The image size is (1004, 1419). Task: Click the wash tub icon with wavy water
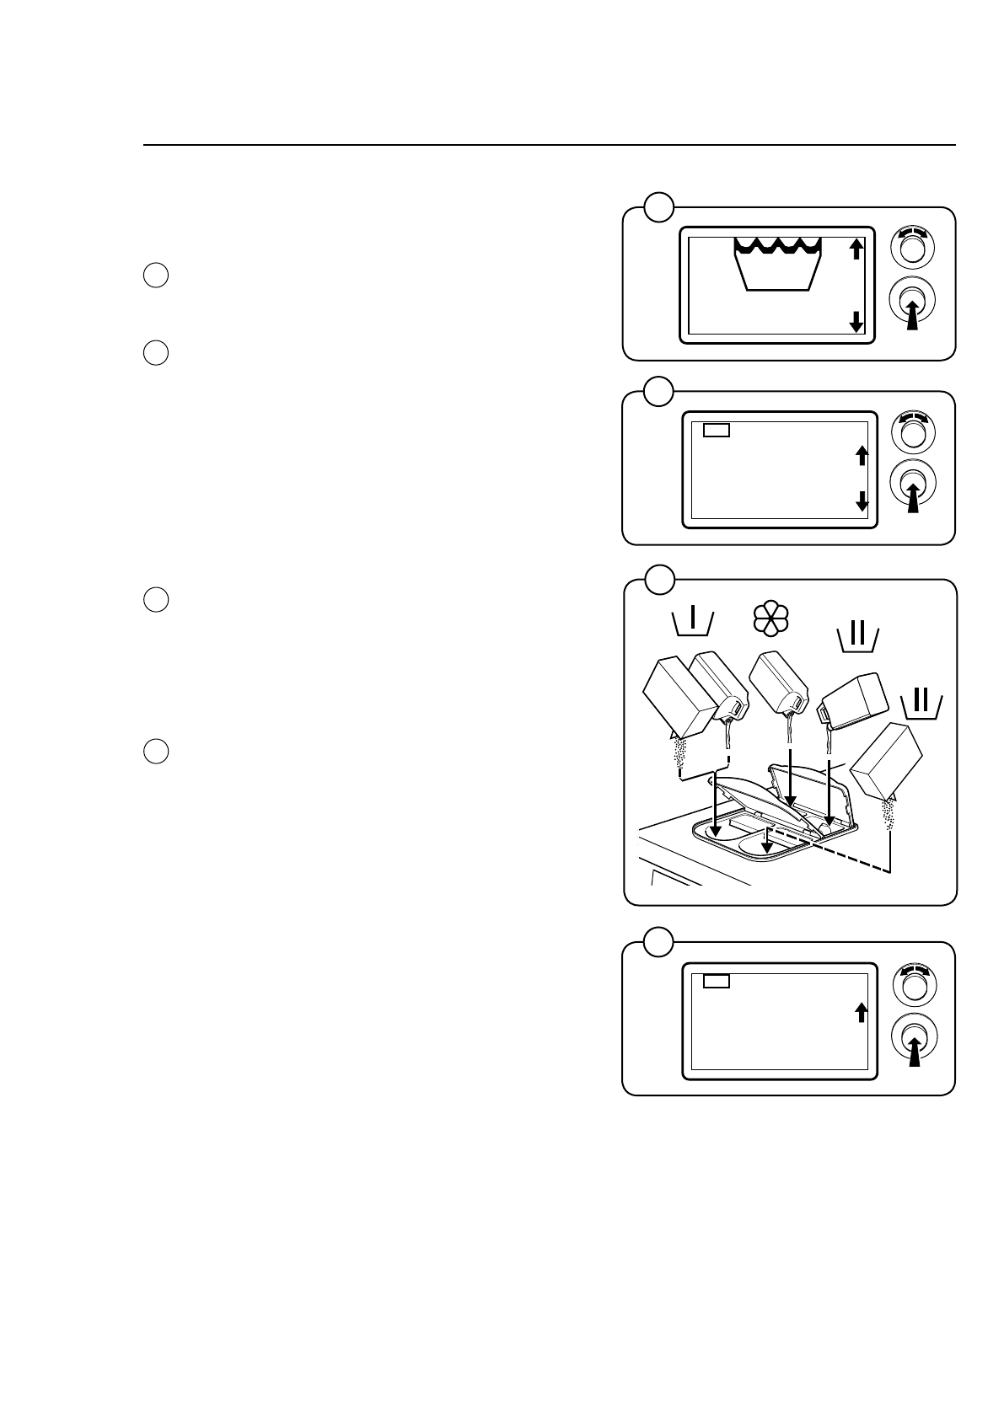click(x=777, y=264)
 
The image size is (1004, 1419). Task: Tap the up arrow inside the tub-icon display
click(x=856, y=249)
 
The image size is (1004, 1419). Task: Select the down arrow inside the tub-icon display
click(x=856, y=321)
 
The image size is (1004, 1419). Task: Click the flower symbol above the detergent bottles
click(x=770, y=621)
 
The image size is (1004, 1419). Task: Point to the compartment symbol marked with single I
click(x=693, y=622)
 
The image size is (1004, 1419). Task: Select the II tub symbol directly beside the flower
click(x=857, y=639)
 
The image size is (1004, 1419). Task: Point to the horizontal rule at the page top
click(x=549, y=145)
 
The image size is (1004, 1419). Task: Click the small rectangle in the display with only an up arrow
click(x=716, y=981)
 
